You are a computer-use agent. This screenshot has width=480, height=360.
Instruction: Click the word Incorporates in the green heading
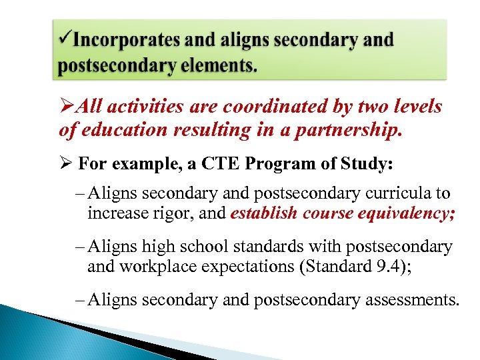tap(126, 40)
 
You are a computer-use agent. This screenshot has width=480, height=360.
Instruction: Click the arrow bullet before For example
tap(65, 164)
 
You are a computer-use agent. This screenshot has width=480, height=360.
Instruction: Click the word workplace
tap(148, 267)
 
